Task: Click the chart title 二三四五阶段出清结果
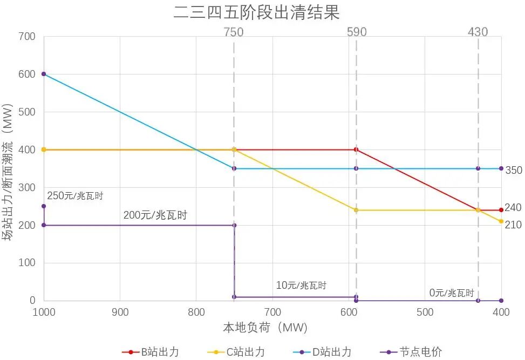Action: pos(256,12)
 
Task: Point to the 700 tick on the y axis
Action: pos(26,37)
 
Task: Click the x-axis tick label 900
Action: pos(120,313)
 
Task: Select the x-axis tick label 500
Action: pos(425,313)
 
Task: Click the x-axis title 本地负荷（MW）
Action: pos(264,328)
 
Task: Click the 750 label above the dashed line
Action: pos(234,32)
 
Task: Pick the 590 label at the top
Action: pos(357,32)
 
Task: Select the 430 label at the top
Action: pos(478,32)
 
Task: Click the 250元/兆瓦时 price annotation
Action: pos(75,195)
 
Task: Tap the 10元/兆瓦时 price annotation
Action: pos(301,285)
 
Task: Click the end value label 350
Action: pos(514,170)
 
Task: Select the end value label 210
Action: pos(513,225)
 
